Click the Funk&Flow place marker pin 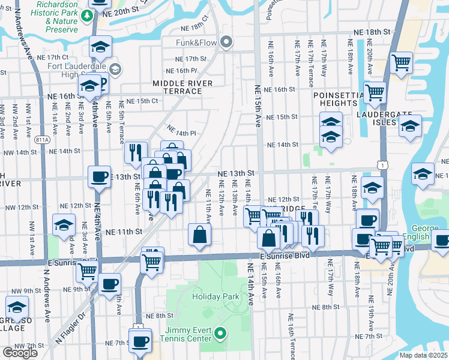coord(226,42)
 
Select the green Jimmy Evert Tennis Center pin coord(220,332)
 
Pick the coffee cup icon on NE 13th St coord(99,176)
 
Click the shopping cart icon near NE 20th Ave coord(400,62)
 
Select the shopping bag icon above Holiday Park coord(199,235)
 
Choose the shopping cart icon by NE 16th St coord(375,92)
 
